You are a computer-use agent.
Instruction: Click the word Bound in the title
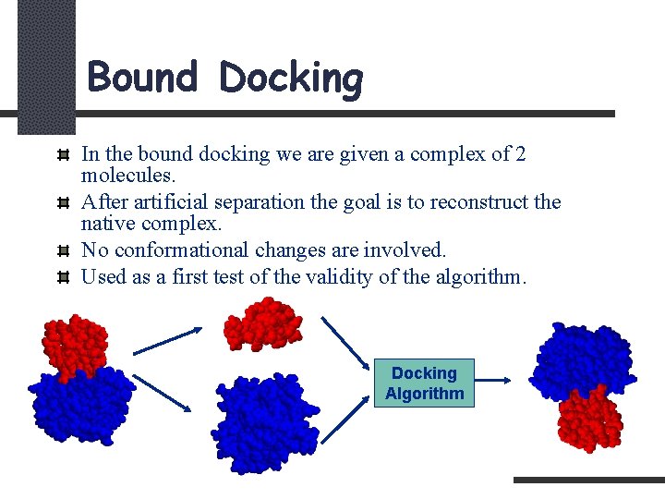pyautogui.click(x=142, y=78)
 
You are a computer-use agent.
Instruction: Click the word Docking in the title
pyautogui.click(x=291, y=79)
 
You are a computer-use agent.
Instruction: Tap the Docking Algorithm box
pyautogui.click(x=424, y=383)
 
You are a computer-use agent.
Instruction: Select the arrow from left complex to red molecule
pyautogui.click(x=168, y=340)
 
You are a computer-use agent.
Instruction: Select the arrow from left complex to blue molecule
pyautogui.click(x=163, y=393)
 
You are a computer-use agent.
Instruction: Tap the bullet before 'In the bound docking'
pyautogui.click(x=63, y=154)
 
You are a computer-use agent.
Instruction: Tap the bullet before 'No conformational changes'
pyautogui.click(x=63, y=250)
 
